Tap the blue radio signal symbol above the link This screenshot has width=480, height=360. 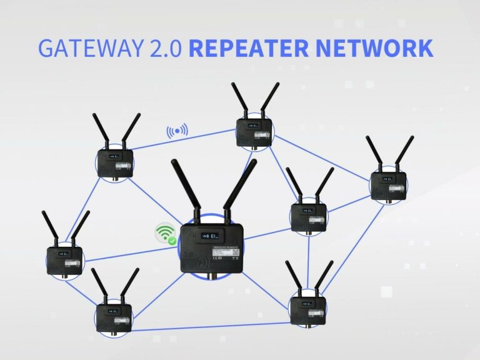point(177,131)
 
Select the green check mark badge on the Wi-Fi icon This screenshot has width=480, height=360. point(172,240)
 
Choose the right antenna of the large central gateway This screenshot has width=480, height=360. point(240,187)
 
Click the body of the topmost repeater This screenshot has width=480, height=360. point(254,132)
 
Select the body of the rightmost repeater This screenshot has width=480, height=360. point(388,184)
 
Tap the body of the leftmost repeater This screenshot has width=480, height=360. point(64,261)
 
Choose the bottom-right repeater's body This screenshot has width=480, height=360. point(307,308)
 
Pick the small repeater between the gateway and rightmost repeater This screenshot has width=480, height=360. point(309,216)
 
